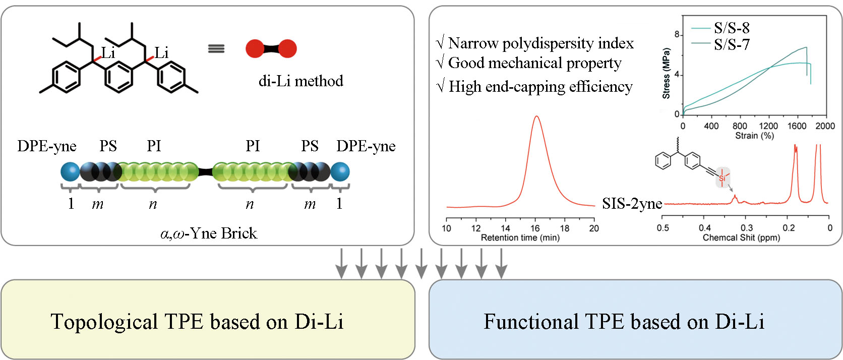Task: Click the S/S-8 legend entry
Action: coord(731,28)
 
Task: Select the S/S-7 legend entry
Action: coord(731,44)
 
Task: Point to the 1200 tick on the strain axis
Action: coord(768,126)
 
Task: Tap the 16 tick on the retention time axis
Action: coord(535,228)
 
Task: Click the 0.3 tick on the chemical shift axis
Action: coord(747,228)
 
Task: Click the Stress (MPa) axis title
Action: coord(666,74)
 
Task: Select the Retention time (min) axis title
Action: coord(520,238)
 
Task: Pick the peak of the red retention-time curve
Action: coord(536,116)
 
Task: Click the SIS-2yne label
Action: coord(632,203)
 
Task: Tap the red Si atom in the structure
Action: coord(722,178)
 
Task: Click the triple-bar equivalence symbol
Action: coord(216,49)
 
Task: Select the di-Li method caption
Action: coord(300,81)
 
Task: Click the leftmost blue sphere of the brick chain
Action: coord(70,172)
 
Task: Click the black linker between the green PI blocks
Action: coord(205,172)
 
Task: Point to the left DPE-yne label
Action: coord(47,146)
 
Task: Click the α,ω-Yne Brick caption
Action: coord(209,233)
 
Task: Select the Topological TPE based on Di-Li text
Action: coord(197,322)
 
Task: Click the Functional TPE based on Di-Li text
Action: coord(624,322)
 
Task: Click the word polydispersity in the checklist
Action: coord(548,43)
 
